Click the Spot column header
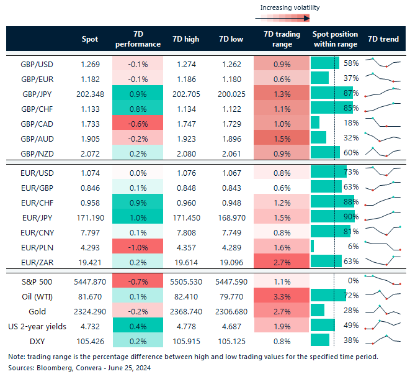[x=90, y=39]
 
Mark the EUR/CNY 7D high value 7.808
[x=187, y=232]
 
